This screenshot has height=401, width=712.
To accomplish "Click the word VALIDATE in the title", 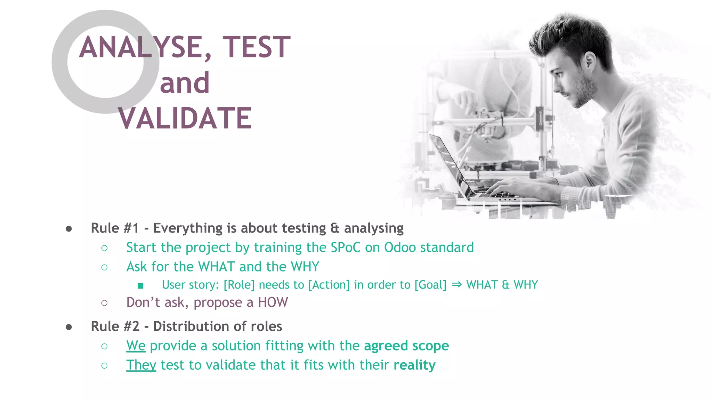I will (185, 118).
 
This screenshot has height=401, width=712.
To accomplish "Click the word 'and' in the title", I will (185, 83).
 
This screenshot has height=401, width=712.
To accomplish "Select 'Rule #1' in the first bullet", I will (115, 228).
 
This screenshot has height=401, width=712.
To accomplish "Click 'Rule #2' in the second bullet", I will (115, 327).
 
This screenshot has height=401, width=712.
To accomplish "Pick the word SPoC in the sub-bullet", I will (346, 247).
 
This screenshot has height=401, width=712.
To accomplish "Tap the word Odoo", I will (400, 247).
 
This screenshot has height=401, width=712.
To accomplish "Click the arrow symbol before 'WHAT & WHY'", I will (456, 284).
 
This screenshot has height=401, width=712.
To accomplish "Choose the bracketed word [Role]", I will (239, 285).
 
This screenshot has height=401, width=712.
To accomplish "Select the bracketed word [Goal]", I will (430, 285).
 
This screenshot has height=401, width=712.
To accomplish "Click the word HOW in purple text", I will (273, 302).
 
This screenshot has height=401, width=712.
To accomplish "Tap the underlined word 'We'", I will (136, 346).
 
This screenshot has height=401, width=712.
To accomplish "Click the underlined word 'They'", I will (141, 365).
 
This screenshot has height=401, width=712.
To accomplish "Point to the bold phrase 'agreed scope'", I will (406, 346).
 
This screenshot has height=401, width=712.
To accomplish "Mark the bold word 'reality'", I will (414, 365).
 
